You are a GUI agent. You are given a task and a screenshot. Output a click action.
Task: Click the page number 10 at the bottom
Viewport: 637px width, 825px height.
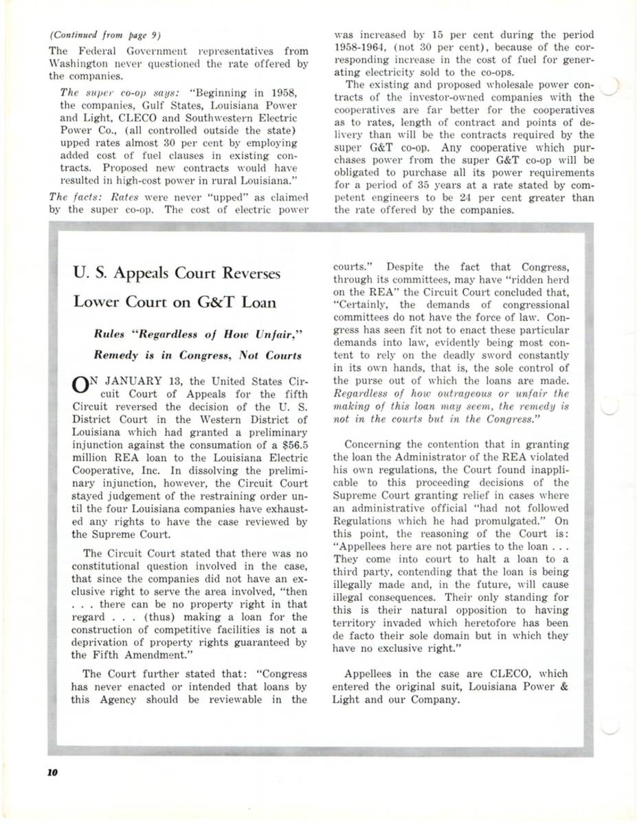pos(53,772)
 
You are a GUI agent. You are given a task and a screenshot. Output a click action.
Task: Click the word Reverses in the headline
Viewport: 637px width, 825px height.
pos(245,274)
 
